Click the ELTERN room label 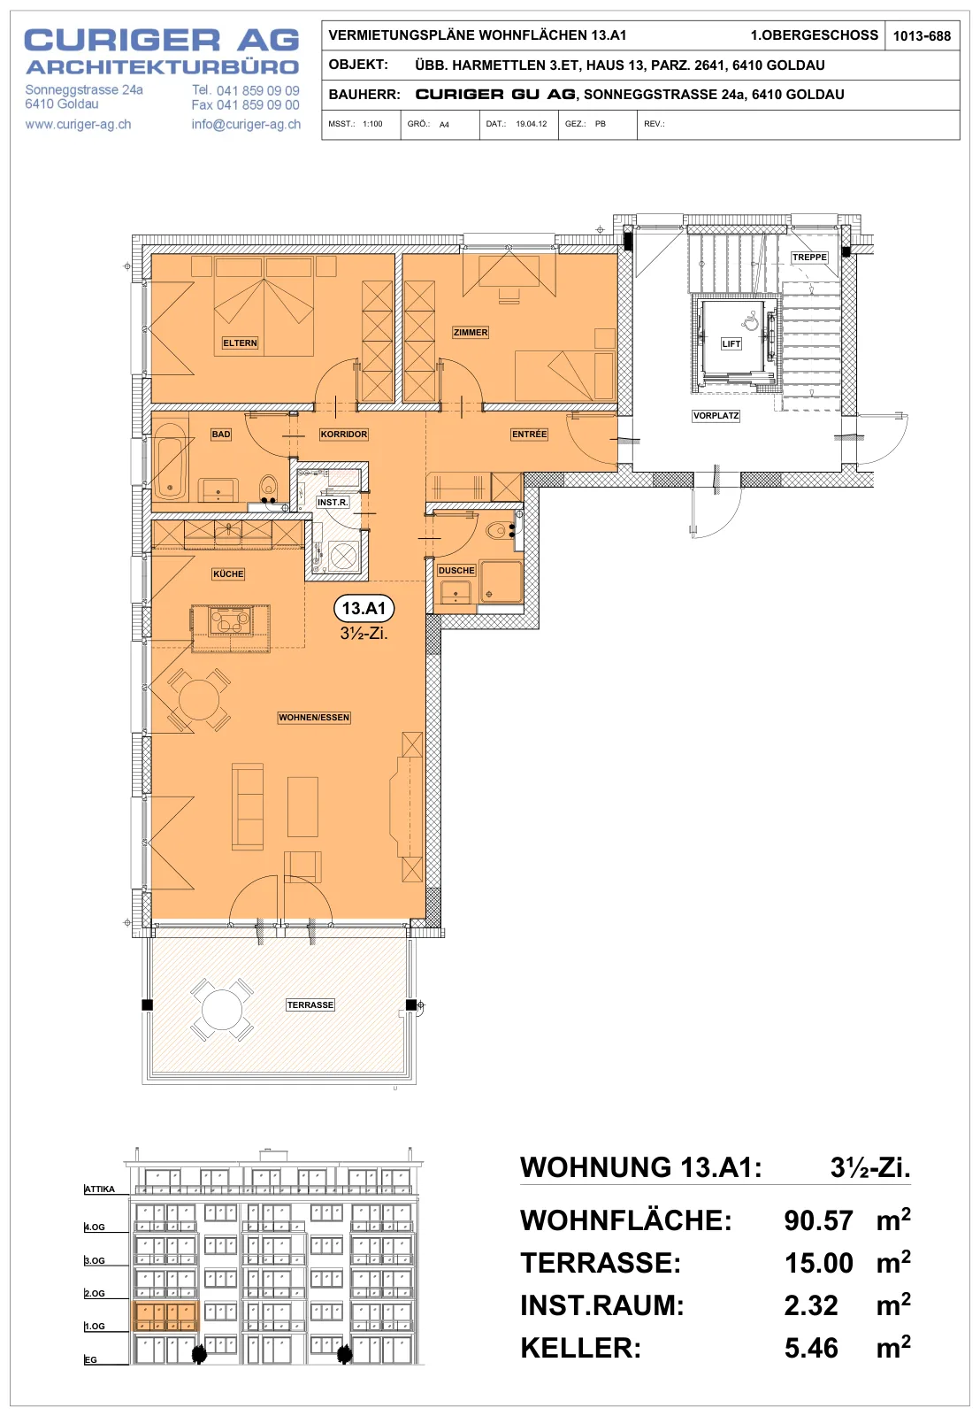coord(240,342)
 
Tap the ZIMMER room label coord(471,332)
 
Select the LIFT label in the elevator coord(731,344)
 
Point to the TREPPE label coord(809,257)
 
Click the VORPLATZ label coord(716,415)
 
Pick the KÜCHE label coord(228,573)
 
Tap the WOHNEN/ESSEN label coord(314,717)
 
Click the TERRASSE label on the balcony coord(310,1004)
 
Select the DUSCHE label coord(456,570)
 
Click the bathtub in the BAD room coord(170,459)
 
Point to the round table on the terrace coord(222,1010)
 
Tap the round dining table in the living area coord(199,700)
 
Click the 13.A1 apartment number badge coord(364,608)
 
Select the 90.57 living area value coord(818,1220)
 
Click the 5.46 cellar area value coord(811,1348)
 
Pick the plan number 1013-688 coord(922,36)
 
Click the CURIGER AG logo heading coord(162,41)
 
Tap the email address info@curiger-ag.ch coord(247,124)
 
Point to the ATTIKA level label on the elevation coord(100,1189)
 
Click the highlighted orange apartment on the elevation coord(165,1315)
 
